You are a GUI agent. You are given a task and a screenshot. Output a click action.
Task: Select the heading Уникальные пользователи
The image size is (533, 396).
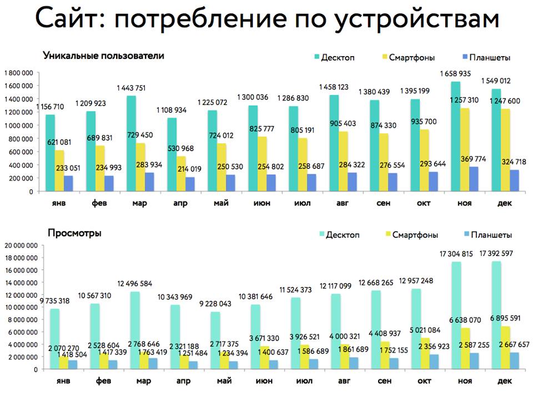tap(103, 56)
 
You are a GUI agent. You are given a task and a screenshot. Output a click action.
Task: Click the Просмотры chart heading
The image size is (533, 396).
tap(74, 233)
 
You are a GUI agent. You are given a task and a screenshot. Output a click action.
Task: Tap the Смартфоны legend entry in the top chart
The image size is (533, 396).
tap(411, 57)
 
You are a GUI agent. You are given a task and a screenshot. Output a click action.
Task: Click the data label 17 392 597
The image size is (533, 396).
tap(497, 253)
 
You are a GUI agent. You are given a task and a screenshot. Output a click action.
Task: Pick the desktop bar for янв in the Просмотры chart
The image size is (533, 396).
tap(54, 338)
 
